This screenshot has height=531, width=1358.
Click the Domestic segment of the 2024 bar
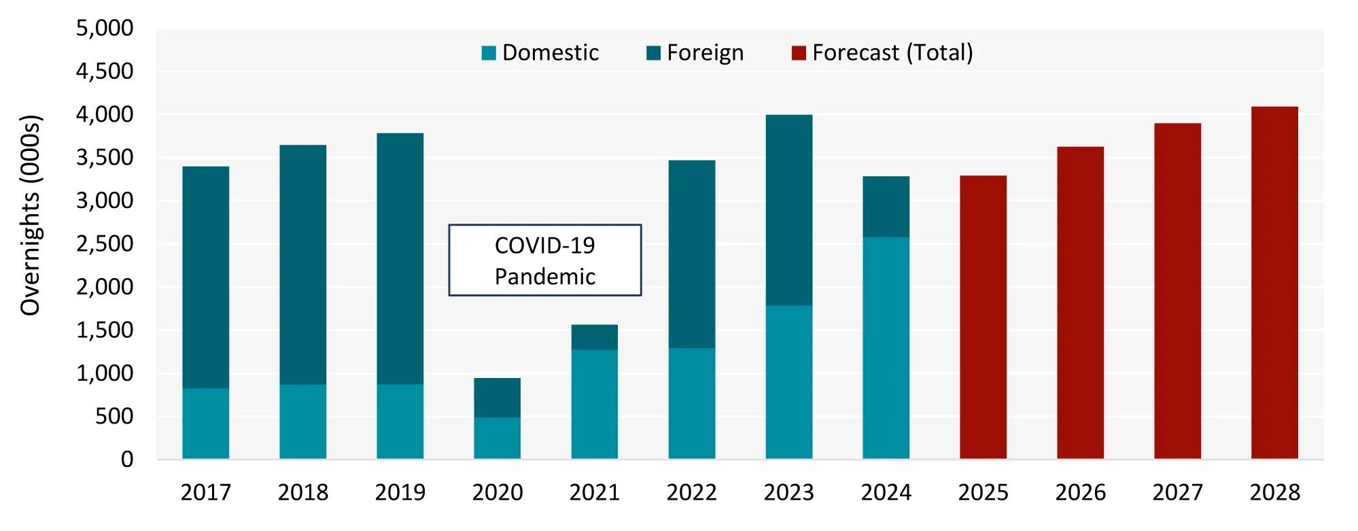(x=886, y=347)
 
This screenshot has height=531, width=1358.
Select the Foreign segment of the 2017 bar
(x=205, y=277)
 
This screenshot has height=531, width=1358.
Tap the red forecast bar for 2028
(x=1274, y=282)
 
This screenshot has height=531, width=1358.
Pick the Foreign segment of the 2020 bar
(x=497, y=398)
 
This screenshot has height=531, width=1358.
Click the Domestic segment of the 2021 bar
(x=594, y=404)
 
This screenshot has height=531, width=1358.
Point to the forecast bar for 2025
(x=983, y=317)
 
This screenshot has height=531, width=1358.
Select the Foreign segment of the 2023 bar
(x=788, y=210)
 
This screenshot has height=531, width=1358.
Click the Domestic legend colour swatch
(x=489, y=53)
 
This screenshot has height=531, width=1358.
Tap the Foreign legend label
(x=705, y=53)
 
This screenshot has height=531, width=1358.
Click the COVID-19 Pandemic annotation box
(x=544, y=260)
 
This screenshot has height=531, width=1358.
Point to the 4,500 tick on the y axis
(x=105, y=71)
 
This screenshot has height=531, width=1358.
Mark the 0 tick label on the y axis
(x=127, y=460)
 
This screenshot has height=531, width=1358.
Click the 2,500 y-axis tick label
(x=105, y=244)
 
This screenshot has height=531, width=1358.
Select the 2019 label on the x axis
(x=400, y=492)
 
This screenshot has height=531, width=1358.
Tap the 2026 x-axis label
(x=1080, y=492)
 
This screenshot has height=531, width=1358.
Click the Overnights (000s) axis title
(x=31, y=215)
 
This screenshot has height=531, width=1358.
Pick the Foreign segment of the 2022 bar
(x=691, y=254)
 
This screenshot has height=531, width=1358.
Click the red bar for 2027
(x=1177, y=291)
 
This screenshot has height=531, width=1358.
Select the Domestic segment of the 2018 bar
(x=302, y=422)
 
